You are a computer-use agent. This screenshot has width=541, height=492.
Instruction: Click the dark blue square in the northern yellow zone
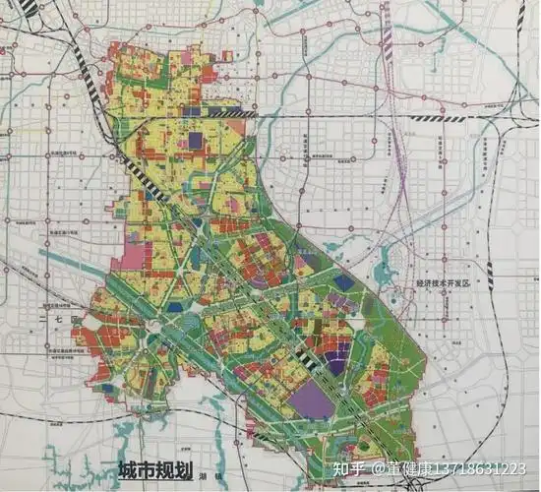point(195,141)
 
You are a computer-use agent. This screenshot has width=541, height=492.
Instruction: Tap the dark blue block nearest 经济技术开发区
point(342,282)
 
